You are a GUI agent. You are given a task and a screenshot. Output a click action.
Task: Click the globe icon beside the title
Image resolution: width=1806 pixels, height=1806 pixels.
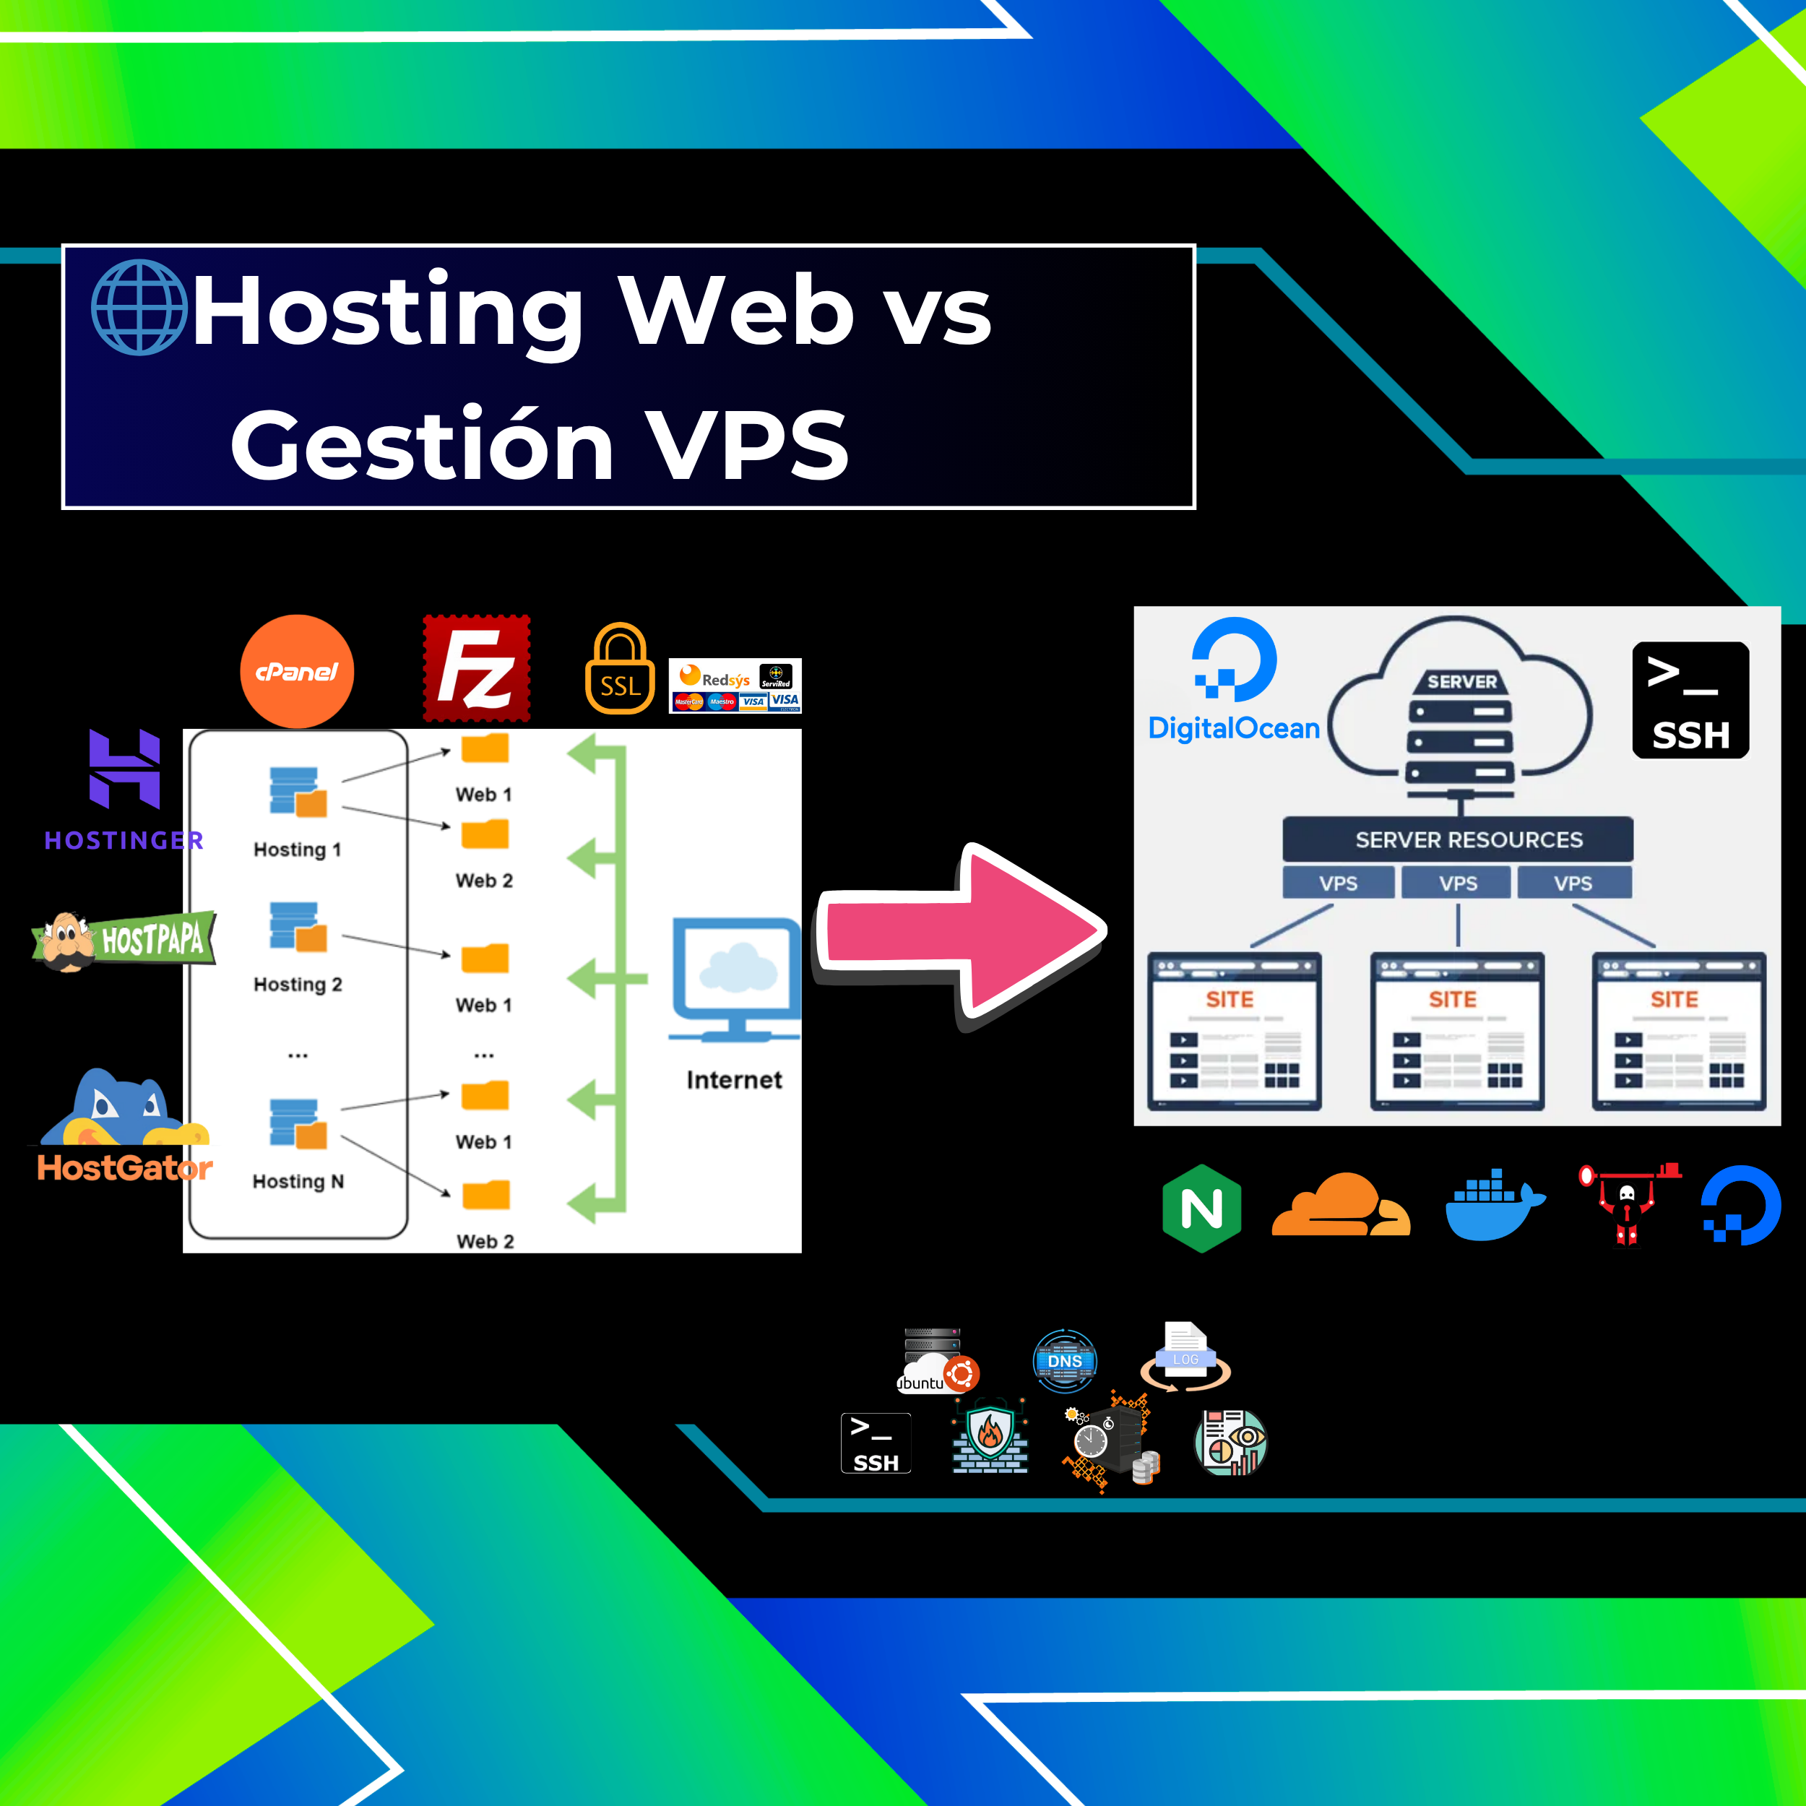(139, 308)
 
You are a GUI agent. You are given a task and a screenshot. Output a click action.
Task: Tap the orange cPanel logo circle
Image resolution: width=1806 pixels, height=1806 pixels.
(296, 671)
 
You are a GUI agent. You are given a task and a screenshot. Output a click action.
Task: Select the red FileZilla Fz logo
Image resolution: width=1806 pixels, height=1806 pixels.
(477, 667)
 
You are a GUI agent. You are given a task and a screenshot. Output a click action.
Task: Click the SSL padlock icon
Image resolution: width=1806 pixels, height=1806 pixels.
(620, 670)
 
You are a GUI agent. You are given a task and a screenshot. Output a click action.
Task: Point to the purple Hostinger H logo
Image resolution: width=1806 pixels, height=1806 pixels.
(124, 769)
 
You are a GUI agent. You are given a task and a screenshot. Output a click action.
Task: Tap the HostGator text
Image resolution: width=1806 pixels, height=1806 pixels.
(124, 1167)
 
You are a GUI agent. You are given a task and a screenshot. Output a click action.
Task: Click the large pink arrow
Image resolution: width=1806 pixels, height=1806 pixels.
(963, 935)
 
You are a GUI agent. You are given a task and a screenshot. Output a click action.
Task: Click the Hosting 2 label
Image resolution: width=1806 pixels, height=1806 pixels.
(297, 985)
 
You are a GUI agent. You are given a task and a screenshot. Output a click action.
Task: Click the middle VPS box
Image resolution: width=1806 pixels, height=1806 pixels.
(1457, 883)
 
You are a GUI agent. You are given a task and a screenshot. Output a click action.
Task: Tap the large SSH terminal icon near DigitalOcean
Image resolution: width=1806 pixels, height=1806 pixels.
(1690, 700)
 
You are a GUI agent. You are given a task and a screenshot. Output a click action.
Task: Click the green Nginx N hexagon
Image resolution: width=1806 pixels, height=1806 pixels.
(1201, 1208)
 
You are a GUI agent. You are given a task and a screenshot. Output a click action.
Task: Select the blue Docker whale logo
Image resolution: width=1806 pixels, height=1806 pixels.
(1494, 1205)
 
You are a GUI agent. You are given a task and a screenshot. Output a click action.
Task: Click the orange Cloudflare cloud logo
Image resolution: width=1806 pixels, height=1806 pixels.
(1341, 1205)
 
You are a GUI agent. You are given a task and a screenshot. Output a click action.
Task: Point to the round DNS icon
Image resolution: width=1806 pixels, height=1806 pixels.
(1065, 1360)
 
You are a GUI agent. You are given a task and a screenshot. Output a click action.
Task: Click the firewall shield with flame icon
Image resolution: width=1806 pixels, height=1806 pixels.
(990, 1440)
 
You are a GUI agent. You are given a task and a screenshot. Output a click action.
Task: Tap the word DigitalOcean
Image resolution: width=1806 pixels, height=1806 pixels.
(1234, 728)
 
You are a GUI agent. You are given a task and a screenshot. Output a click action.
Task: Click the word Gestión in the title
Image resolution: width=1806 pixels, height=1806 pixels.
(420, 446)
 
